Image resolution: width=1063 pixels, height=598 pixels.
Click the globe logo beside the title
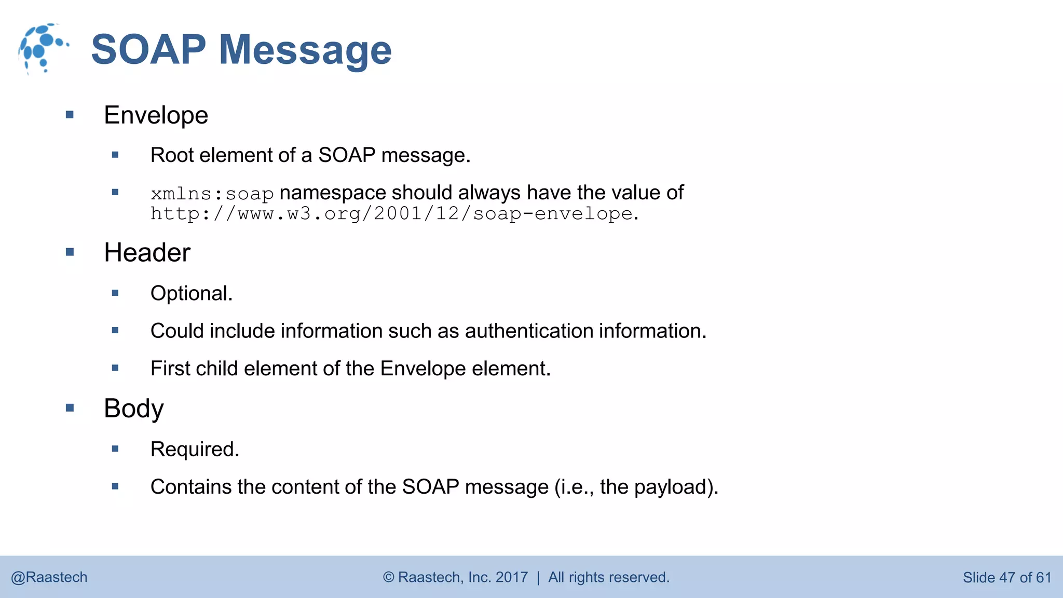pyautogui.click(x=43, y=48)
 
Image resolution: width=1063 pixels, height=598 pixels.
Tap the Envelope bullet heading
pyautogui.click(x=156, y=115)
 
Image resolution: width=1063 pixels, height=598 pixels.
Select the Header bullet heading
pyautogui.click(x=147, y=253)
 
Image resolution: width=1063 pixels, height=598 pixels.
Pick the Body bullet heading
pyautogui.click(x=133, y=409)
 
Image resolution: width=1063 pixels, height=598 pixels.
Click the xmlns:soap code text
pyautogui.click(x=212, y=194)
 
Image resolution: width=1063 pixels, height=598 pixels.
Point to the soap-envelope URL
pyautogui.click(x=392, y=214)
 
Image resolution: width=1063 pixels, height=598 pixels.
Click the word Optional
pyautogui.click(x=191, y=294)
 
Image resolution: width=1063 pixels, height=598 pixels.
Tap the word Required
pyautogui.click(x=195, y=450)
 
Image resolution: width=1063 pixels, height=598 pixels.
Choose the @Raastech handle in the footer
pyautogui.click(x=49, y=577)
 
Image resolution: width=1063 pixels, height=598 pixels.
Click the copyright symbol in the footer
pyautogui.click(x=388, y=577)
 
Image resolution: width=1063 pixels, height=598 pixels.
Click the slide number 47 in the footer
pyautogui.click(x=1007, y=578)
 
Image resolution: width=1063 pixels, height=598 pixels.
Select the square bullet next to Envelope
pyautogui.click(x=70, y=115)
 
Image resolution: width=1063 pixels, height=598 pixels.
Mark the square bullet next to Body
pyautogui.click(x=70, y=408)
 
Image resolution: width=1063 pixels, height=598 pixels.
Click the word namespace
pyautogui.click(x=333, y=193)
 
